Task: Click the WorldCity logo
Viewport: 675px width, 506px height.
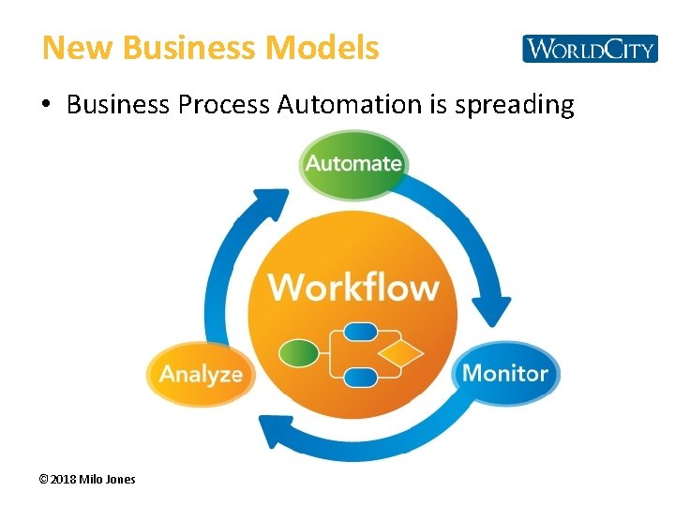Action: click(590, 49)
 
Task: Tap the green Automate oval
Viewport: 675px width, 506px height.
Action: click(353, 164)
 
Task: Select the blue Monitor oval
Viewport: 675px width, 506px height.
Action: click(505, 373)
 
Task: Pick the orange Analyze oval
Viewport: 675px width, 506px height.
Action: click(201, 375)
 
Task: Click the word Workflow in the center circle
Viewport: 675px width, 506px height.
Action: click(353, 287)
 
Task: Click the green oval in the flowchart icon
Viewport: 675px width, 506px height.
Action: click(299, 353)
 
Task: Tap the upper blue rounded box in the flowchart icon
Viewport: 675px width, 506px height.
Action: click(360, 332)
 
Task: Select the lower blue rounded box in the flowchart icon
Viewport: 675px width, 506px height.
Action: click(360, 378)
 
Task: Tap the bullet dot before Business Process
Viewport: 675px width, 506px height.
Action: click(47, 105)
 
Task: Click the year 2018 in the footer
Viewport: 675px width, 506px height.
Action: click(63, 479)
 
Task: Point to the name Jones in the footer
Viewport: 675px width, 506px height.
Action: click(120, 479)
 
